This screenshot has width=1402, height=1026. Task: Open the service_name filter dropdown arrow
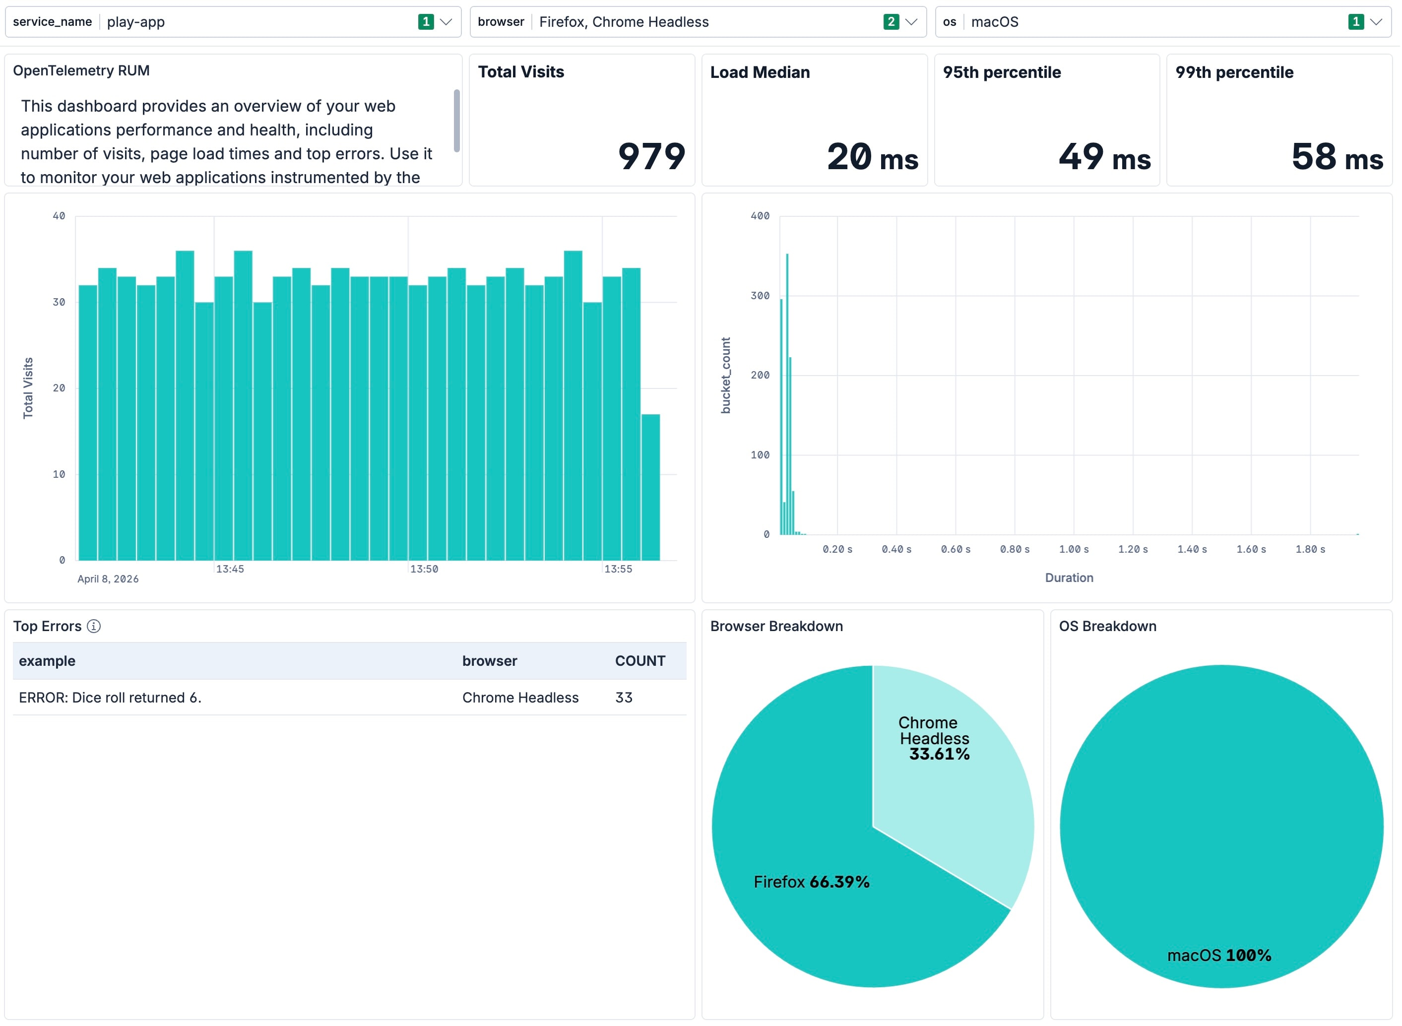[x=446, y=22]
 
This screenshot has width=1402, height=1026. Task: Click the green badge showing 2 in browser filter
[x=891, y=22]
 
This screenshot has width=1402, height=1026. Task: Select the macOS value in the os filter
[x=995, y=22]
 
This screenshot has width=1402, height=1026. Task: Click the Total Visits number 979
[x=651, y=156]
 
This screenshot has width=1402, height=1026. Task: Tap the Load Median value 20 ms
[x=872, y=156]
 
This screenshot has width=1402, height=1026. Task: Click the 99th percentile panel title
[x=1234, y=72]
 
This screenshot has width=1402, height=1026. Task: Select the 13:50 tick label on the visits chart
[x=424, y=569]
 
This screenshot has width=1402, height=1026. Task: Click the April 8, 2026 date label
[x=108, y=579]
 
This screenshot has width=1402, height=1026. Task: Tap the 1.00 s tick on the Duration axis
[x=1074, y=549]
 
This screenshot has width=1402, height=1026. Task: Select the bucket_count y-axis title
[x=726, y=375]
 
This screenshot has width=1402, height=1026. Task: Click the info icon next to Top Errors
[x=94, y=626]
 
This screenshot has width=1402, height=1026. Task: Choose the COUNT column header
[x=639, y=661]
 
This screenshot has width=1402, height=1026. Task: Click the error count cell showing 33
[x=624, y=698]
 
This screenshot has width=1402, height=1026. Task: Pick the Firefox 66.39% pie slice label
[x=811, y=882]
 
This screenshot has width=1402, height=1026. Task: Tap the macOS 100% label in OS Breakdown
[x=1219, y=955]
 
